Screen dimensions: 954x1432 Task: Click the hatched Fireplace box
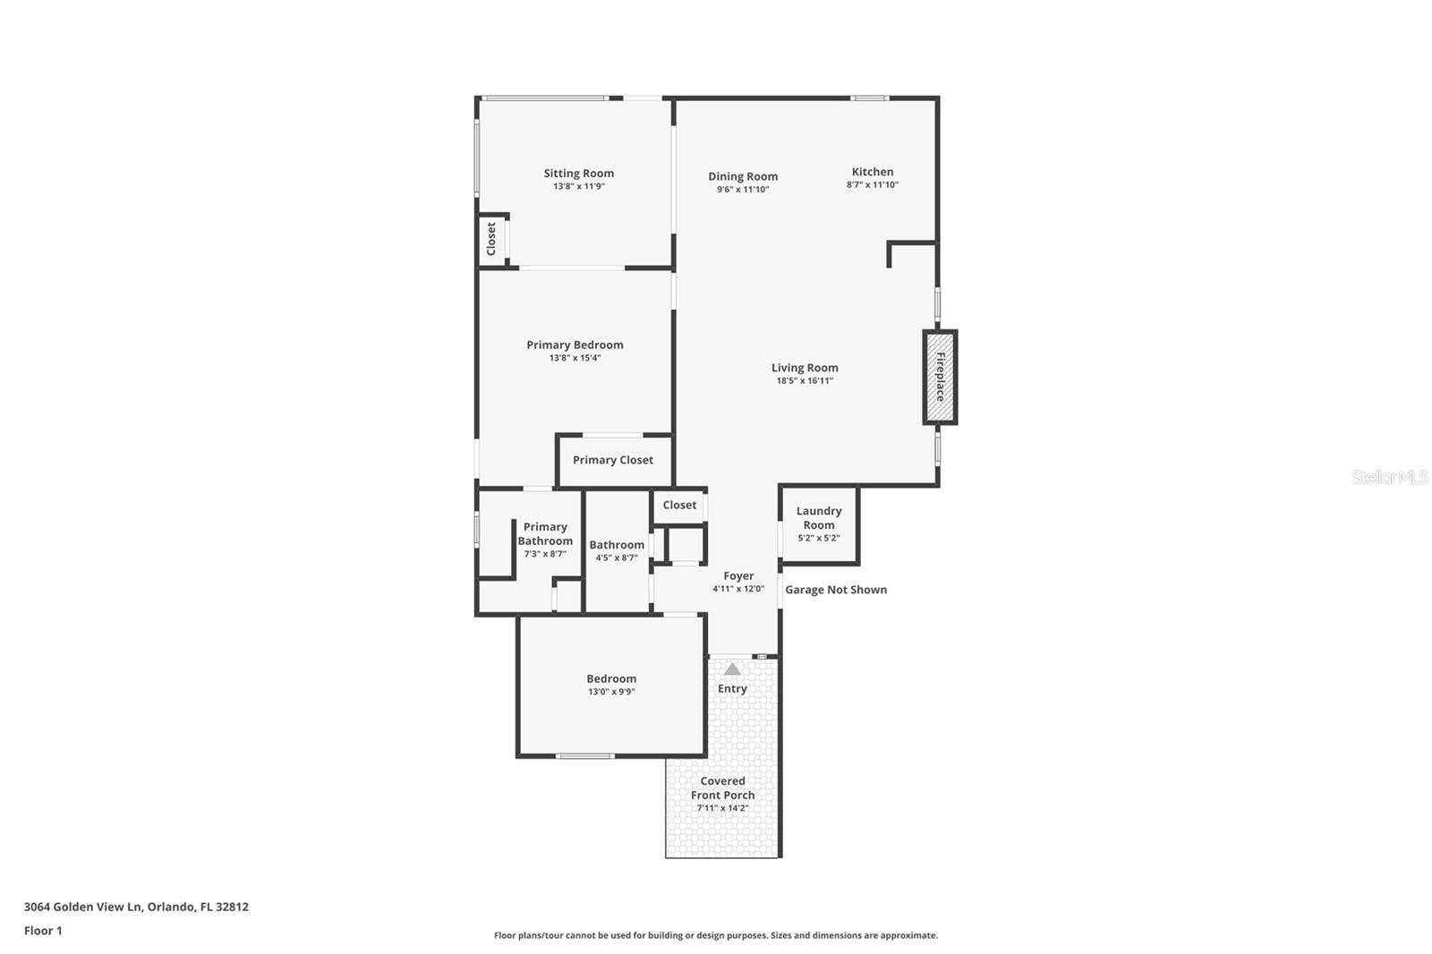click(940, 377)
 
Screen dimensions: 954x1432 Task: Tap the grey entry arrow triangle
click(732, 669)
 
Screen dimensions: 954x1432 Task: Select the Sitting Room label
click(578, 174)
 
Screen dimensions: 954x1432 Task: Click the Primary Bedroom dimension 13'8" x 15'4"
click(575, 358)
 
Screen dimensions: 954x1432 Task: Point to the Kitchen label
click(872, 172)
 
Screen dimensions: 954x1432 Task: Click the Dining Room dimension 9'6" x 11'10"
click(742, 190)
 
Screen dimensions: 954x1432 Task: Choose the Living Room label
click(805, 368)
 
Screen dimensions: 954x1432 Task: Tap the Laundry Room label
click(818, 518)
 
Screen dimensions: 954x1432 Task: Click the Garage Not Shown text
click(835, 590)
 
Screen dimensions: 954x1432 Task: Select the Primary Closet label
click(612, 460)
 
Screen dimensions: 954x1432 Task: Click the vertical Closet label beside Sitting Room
click(491, 239)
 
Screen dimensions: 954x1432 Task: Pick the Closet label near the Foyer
click(679, 505)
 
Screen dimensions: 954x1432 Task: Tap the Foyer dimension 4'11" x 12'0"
click(737, 589)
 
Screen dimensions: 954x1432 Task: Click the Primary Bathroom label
click(545, 534)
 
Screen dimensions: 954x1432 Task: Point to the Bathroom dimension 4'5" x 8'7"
click(616, 558)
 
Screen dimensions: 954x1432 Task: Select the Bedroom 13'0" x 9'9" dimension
click(611, 692)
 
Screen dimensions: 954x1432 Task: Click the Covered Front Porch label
click(722, 788)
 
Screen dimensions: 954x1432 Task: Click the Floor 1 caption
click(43, 931)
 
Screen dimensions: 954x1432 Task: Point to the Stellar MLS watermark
click(1389, 477)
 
